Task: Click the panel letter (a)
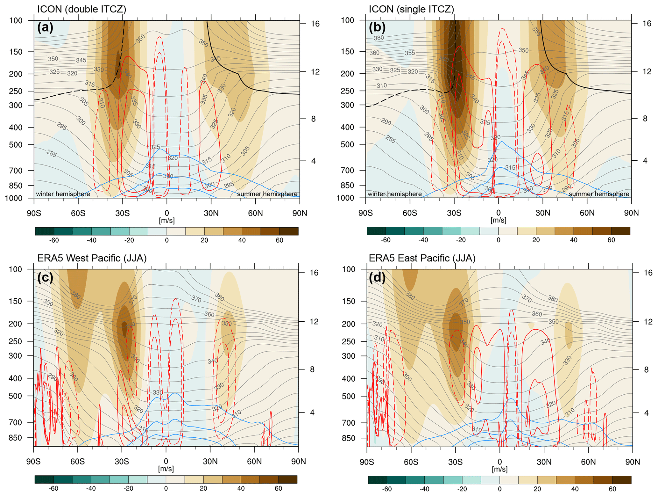pyautogui.click(x=45, y=28)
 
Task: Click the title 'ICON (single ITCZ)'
pyautogui.click(x=411, y=9)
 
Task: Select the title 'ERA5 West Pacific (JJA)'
pyautogui.click(x=92, y=258)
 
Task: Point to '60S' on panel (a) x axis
pyautogui.click(x=78, y=213)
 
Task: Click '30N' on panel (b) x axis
pyautogui.click(x=543, y=213)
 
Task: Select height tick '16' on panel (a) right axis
pyautogui.click(x=315, y=24)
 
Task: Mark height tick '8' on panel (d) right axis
pyautogui.click(x=645, y=369)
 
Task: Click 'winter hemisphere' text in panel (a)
pyautogui.click(x=63, y=194)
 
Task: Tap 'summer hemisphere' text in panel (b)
pyautogui.click(x=599, y=194)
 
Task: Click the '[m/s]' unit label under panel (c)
pyautogui.click(x=166, y=469)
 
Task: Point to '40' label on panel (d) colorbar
pyautogui.click(x=575, y=489)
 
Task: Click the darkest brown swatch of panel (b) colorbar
pyautogui.click(x=621, y=231)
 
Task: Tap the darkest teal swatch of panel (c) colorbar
pyautogui.click(x=44, y=479)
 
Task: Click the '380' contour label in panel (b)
pyautogui.click(x=379, y=38)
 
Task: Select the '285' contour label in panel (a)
pyautogui.click(x=51, y=154)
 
